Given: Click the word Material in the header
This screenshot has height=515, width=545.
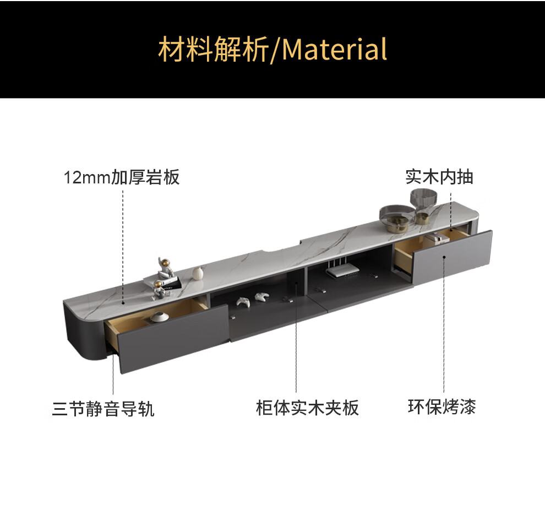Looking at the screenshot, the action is [335, 49].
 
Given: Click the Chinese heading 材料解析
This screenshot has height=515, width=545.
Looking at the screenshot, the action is [213, 49].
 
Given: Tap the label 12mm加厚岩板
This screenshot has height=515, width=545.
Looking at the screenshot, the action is [122, 178].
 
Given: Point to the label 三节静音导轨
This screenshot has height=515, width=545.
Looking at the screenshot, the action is [103, 409].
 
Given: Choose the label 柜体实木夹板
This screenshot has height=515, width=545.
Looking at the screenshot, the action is [307, 408].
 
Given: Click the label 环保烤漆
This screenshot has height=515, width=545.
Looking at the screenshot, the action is [442, 407].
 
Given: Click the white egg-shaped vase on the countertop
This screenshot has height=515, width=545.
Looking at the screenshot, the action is [198, 273].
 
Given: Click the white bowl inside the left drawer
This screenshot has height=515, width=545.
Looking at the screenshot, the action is [161, 317].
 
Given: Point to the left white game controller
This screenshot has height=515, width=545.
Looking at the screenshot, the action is [243, 301].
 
